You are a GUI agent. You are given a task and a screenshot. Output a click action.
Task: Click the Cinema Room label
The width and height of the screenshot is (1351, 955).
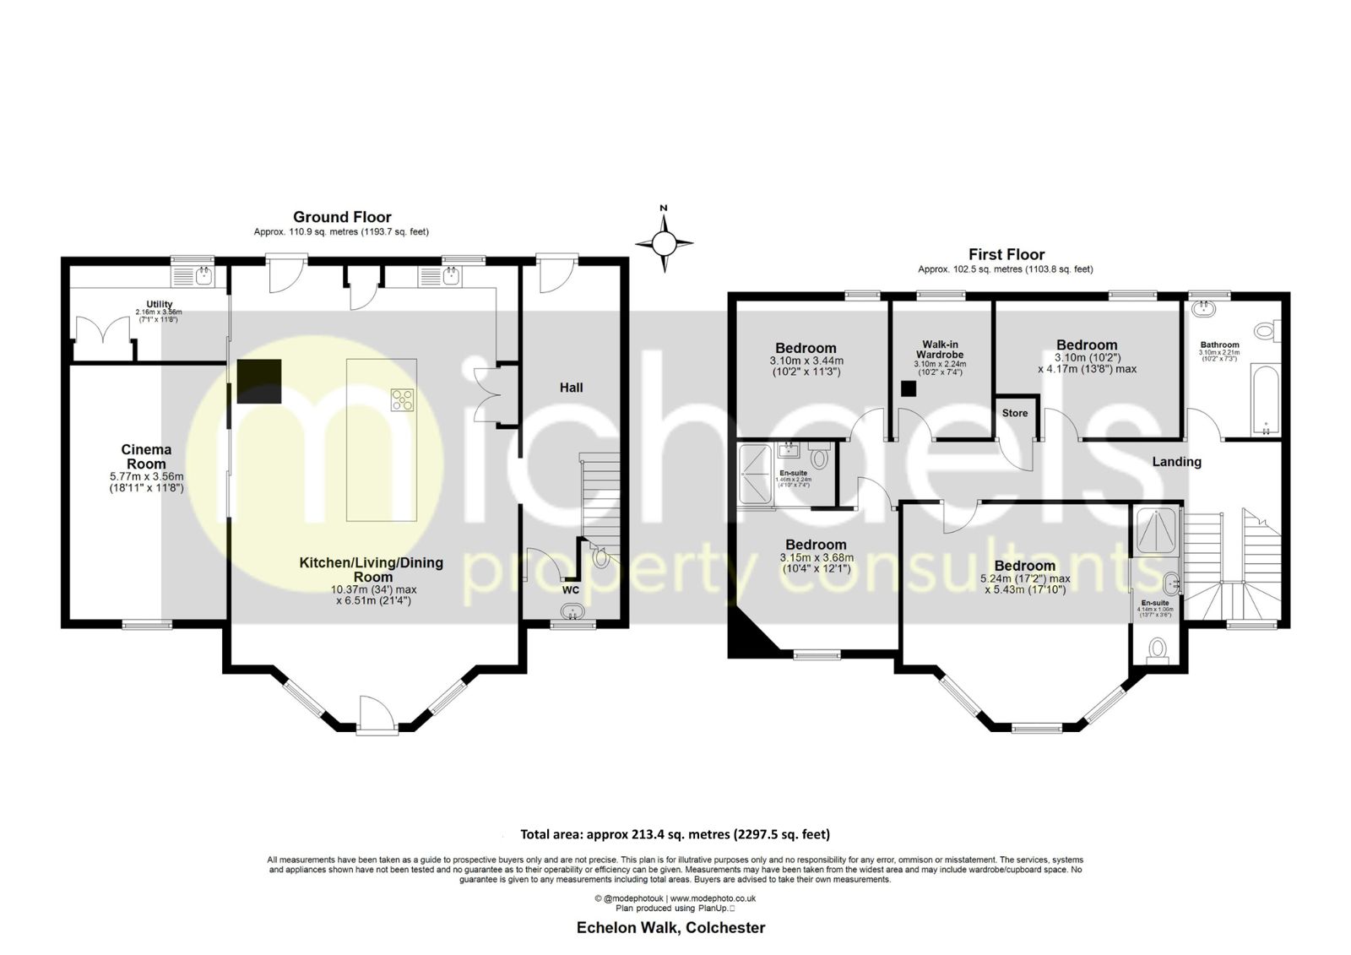point(146,457)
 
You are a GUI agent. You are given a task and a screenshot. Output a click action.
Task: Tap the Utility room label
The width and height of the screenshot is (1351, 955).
point(159,304)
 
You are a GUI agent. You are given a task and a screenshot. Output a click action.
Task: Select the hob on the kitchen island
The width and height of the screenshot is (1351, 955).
point(402,399)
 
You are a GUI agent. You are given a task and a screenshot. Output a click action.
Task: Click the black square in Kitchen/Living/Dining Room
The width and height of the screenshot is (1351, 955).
point(259,380)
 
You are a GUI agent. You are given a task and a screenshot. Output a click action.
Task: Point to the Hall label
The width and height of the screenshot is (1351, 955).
point(572,388)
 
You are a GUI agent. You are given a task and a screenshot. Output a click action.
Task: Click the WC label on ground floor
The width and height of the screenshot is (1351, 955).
point(570,589)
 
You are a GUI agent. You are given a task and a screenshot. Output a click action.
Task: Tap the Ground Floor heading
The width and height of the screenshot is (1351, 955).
point(342,217)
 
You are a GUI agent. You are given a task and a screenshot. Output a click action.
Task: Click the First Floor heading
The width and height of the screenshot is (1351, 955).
point(1006,254)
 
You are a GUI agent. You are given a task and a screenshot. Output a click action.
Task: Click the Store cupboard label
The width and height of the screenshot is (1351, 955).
point(1015,413)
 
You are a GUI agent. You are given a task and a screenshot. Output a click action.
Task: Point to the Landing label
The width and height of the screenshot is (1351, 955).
point(1176,462)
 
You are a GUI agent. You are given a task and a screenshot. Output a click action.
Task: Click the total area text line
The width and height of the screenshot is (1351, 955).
point(675,834)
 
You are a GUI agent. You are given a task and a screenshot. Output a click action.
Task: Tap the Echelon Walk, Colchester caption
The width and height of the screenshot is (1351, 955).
point(670,927)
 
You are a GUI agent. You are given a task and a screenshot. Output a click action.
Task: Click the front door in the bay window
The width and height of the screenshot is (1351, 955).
point(376,715)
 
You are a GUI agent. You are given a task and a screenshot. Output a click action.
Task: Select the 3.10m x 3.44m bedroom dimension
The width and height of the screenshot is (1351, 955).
point(806,361)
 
